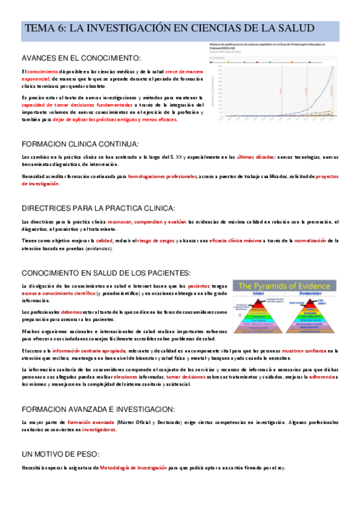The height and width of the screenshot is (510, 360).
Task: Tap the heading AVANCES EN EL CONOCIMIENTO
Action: (x=81, y=58)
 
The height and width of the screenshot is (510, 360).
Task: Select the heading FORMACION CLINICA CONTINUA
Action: (x=80, y=144)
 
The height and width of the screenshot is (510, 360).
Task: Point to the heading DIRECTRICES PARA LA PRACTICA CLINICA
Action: (x=98, y=208)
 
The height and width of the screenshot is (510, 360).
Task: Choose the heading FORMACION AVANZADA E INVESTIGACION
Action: (x=98, y=408)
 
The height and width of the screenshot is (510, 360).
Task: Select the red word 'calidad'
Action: (x=121, y=241)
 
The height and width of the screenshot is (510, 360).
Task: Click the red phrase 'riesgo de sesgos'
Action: (x=172, y=241)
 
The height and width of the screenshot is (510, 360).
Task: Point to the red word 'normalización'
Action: (x=310, y=241)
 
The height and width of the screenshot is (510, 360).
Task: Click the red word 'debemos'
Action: (x=72, y=312)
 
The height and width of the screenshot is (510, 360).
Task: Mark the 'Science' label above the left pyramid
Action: (x=258, y=295)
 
